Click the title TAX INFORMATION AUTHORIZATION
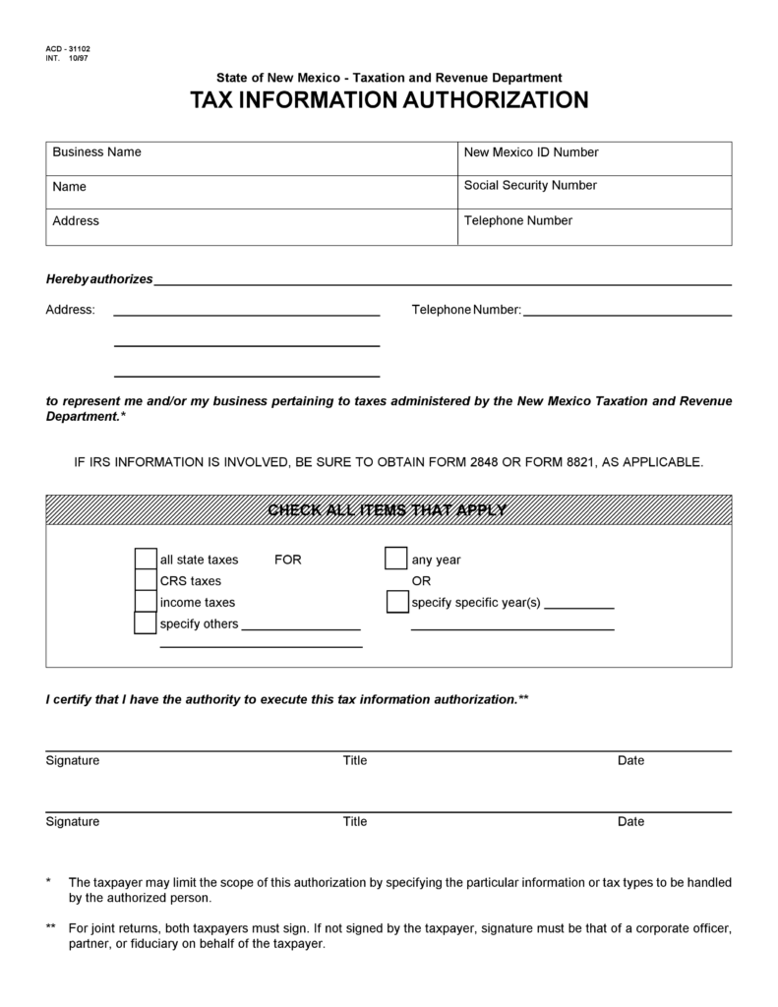click(x=389, y=100)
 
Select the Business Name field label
click(x=96, y=152)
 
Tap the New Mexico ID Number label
click(x=531, y=152)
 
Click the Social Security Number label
click(x=530, y=186)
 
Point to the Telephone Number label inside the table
click(x=517, y=221)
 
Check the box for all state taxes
click(x=146, y=560)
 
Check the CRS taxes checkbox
click(x=146, y=581)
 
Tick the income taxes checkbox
click(x=146, y=602)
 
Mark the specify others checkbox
click(x=146, y=623)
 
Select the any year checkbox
click(x=395, y=560)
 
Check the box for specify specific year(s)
click(x=396, y=602)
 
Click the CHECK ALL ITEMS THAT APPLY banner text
click(x=388, y=510)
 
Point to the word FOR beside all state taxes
click(x=288, y=561)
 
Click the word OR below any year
click(x=421, y=581)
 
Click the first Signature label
click(x=72, y=761)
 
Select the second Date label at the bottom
click(x=630, y=822)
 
